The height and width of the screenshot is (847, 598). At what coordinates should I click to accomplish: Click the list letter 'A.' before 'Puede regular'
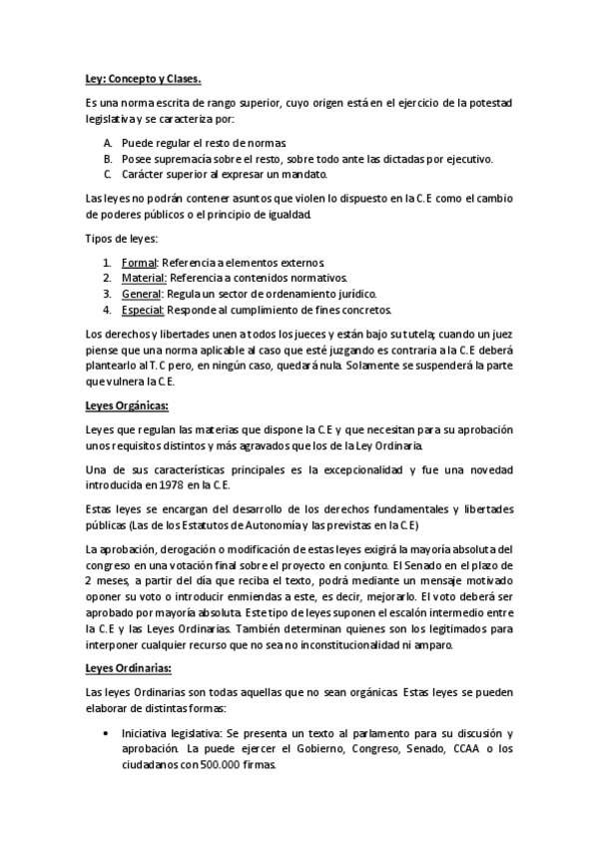(x=108, y=143)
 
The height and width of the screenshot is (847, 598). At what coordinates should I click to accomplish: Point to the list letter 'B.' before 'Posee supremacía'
(x=108, y=158)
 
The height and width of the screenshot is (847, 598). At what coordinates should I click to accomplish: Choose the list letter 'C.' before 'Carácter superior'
(x=108, y=174)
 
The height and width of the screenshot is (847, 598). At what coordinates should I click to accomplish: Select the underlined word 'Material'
(x=144, y=278)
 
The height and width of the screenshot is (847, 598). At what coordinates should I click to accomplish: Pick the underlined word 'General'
(x=143, y=294)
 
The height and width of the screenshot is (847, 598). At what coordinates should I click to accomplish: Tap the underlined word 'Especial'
(x=145, y=310)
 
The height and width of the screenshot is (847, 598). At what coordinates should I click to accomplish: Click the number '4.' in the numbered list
(x=107, y=310)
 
